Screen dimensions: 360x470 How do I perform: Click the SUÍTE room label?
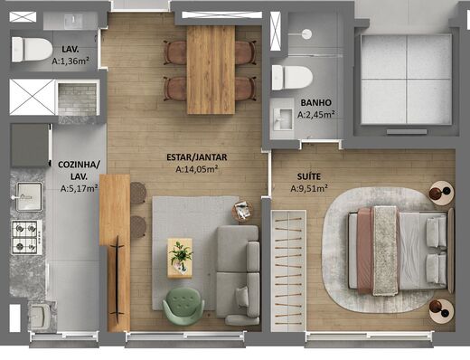click(x=309, y=176)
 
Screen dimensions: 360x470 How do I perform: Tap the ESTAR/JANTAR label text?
click(x=196, y=156)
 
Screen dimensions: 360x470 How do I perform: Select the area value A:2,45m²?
click(x=319, y=114)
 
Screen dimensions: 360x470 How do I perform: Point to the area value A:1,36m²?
click(x=69, y=61)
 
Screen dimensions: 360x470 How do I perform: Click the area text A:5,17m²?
click(x=79, y=189)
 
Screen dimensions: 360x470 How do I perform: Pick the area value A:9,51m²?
click(x=309, y=189)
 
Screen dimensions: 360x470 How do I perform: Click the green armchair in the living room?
click(x=183, y=303)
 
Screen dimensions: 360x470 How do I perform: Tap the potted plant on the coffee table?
click(x=181, y=254)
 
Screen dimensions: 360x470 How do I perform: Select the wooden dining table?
click(x=211, y=69)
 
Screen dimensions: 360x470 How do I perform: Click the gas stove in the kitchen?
click(x=26, y=236)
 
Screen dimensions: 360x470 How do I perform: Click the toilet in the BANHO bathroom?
click(x=292, y=76)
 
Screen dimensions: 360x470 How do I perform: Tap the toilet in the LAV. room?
click(x=31, y=49)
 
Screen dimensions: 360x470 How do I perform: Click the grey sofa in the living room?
click(x=239, y=271)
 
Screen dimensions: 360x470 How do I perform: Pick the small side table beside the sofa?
click(x=243, y=212)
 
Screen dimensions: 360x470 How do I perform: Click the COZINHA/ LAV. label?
click(x=79, y=170)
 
